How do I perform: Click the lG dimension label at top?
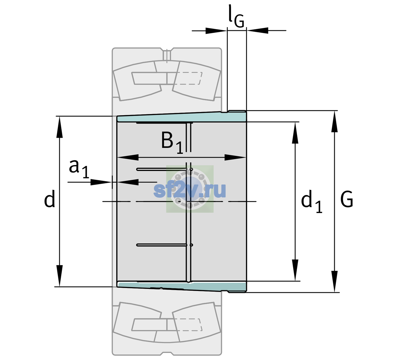236,17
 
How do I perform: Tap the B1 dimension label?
172,142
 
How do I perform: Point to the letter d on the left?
49,199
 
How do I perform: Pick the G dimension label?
347,199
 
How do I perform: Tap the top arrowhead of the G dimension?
334,121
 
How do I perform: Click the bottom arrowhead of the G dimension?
334,281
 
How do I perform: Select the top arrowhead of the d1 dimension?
295,133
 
